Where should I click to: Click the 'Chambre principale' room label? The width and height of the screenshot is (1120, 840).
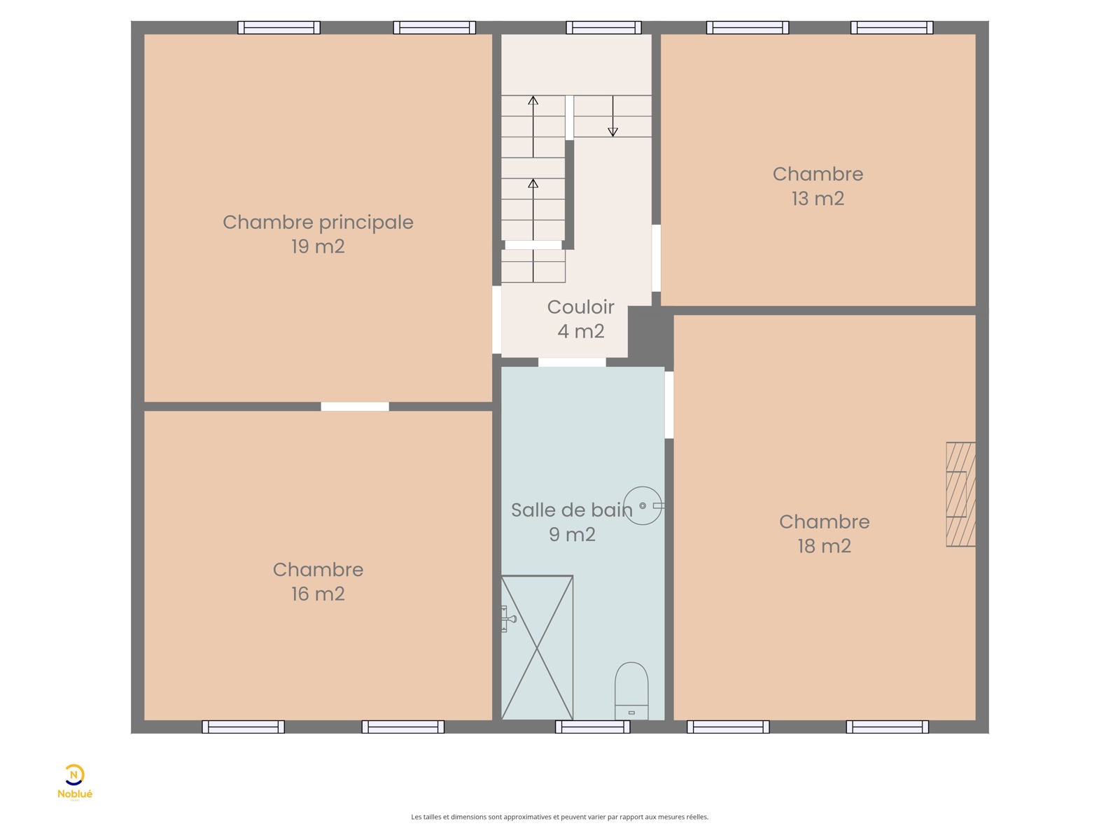click(x=318, y=223)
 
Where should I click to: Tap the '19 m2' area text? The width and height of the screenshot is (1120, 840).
click(x=318, y=247)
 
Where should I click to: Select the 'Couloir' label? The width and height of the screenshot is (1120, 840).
click(x=581, y=307)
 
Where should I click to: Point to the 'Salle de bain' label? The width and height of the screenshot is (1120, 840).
click(x=571, y=510)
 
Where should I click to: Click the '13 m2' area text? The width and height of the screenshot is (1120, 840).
click(x=818, y=199)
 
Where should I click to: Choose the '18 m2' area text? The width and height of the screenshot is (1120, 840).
click(x=825, y=546)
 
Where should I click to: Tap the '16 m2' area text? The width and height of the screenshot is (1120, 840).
click(x=318, y=594)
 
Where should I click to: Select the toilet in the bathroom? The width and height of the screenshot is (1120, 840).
click(x=631, y=691)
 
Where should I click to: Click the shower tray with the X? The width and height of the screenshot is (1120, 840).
click(x=538, y=647)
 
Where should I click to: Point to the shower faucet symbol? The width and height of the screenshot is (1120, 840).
click(x=507, y=619)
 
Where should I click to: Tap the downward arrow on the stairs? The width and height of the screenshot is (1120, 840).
click(x=612, y=116)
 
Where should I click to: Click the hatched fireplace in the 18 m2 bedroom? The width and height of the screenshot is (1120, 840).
click(x=961, y=494)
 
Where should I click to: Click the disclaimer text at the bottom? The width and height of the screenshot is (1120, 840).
click(x=560, y=817)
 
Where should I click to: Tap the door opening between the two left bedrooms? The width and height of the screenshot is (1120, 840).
click(x=355, y=407)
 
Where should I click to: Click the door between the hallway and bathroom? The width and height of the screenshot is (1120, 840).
click(x=572, y=362)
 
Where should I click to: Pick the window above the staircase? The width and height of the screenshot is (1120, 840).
click(x=603, y=27)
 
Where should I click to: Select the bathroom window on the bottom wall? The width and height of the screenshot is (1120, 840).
click(x=593, y=727)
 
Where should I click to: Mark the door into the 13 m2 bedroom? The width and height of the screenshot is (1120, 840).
click(x=656, y=258)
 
